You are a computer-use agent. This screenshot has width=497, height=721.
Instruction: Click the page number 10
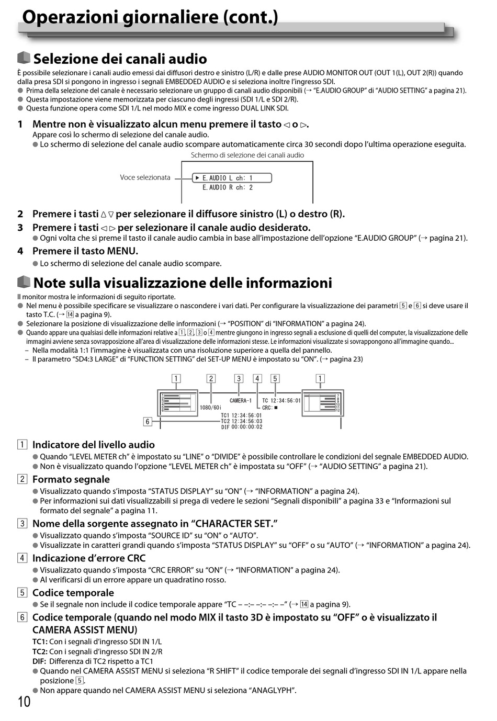point(24,702)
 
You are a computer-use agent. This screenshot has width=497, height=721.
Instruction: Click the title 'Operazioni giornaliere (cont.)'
point(150,17)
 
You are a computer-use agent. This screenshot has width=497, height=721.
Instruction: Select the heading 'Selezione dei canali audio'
point(120,59)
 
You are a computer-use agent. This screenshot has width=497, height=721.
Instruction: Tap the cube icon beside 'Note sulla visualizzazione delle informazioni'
point(24,282)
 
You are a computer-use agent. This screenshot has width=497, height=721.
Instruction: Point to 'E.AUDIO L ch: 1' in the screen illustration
point(228,178)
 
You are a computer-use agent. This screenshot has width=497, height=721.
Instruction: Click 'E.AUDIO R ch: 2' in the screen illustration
point(228,187)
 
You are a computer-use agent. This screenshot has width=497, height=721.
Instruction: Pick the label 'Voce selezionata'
point(145,177)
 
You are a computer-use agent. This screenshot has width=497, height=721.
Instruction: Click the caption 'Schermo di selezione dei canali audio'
point(247,155)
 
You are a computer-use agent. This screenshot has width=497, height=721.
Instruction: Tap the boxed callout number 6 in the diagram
point(148,421)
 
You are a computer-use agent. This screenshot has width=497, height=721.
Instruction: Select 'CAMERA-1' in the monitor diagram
point(240,401)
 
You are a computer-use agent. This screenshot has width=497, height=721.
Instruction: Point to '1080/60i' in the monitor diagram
point(210,408)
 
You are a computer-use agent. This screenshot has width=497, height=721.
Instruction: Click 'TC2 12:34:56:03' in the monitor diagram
point(241,421)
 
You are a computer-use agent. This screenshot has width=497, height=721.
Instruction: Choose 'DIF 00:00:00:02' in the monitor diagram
point(241,427)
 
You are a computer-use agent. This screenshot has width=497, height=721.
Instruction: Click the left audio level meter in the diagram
point(177,403)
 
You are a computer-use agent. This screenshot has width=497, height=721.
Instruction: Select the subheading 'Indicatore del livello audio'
point(93,445)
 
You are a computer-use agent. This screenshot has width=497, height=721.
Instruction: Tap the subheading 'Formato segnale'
point(71,479)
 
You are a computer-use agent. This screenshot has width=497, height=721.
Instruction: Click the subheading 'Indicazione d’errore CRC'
point(88,558)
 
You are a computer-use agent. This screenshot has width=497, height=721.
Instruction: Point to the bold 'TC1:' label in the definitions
point(40,641)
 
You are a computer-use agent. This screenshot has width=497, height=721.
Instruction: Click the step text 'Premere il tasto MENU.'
point(85,251)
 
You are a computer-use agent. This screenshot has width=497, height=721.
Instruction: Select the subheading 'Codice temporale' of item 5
point(73,593)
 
